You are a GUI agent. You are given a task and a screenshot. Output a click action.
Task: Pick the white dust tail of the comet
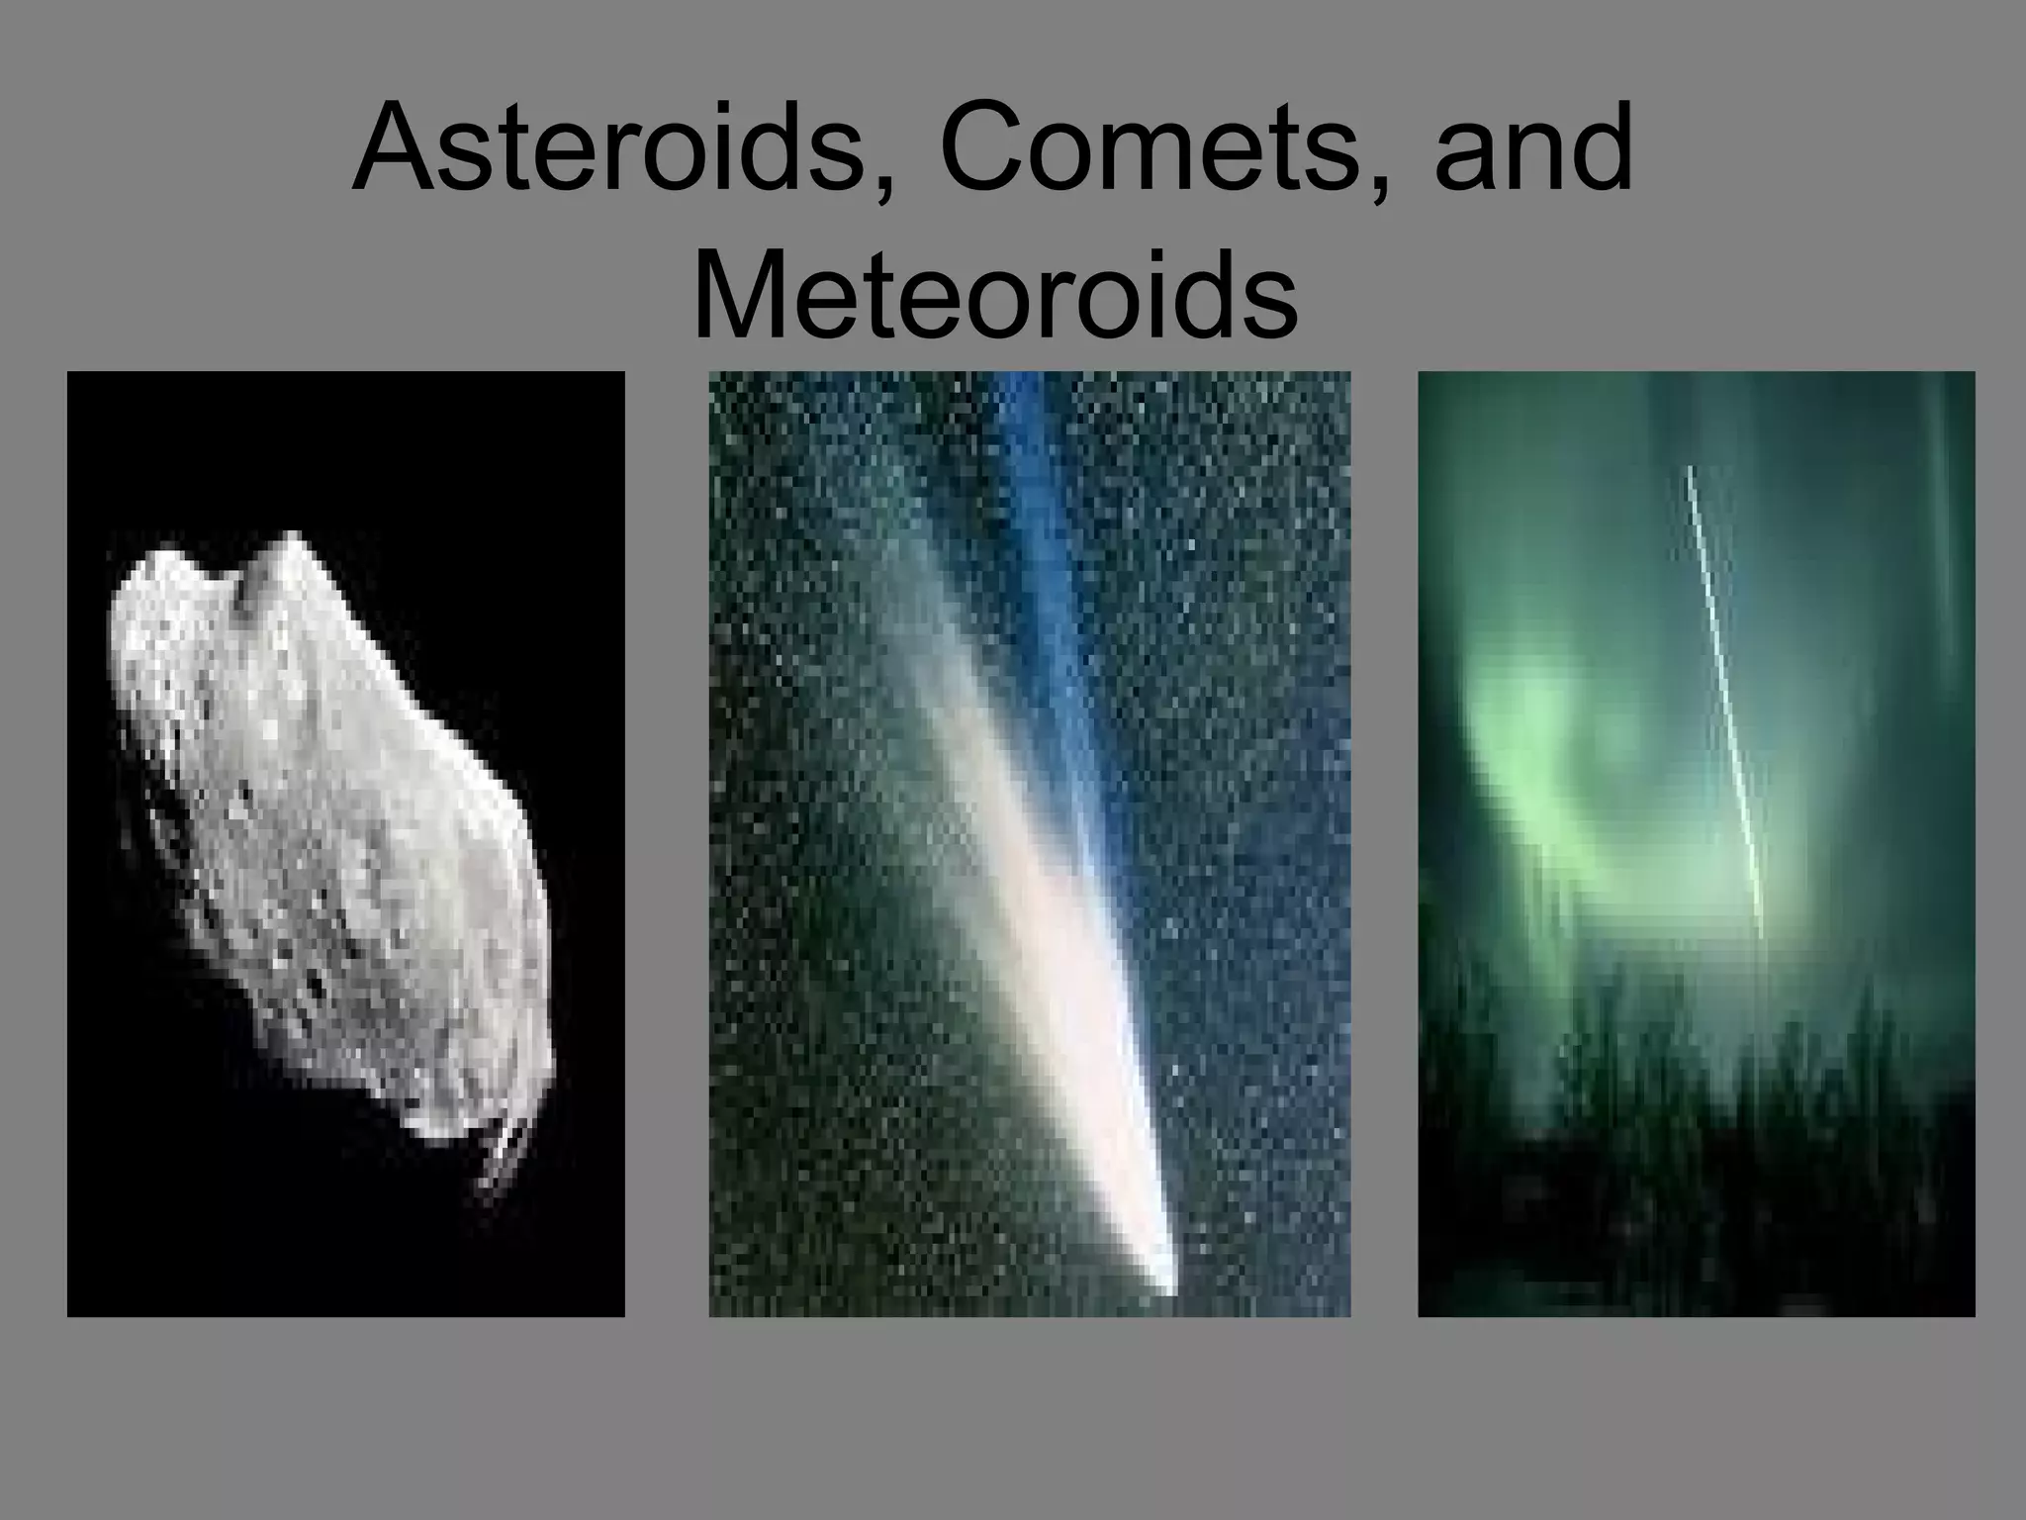(x=1019, y=891)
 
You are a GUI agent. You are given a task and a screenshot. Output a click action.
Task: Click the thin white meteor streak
(x=1726, y=703)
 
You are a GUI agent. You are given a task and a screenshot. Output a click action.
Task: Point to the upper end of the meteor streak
(x=1690, y=470)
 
